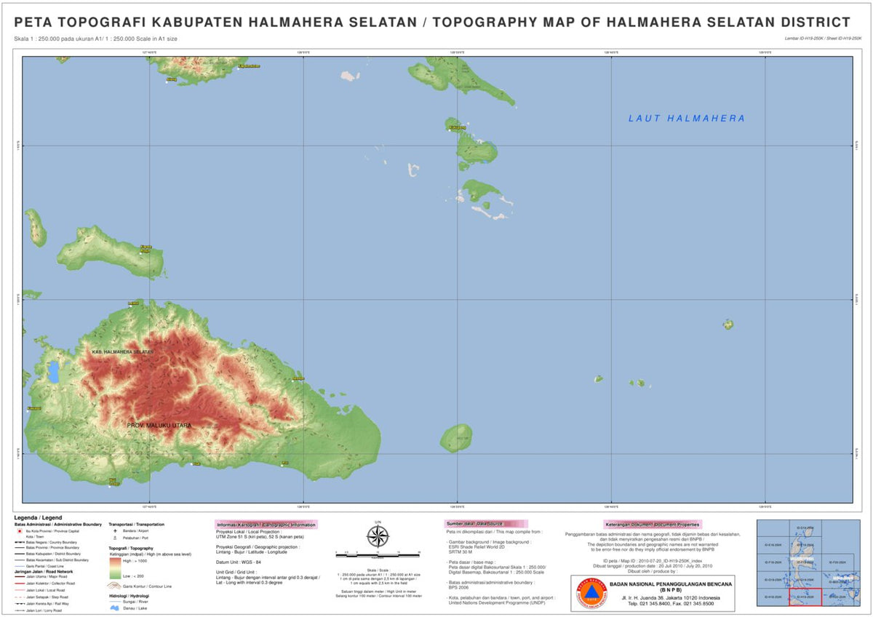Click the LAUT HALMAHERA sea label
click(x=686, y=119)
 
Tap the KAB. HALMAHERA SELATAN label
click(x=123, y=352)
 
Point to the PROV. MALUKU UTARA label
click(x=159, y=425)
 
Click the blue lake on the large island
click(x=53, y=372)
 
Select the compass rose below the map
click(x=378, y=537)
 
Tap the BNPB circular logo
click(x=591, y=592)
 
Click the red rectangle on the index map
click(x=805, y=597)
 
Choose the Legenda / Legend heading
click(x=37, y=517)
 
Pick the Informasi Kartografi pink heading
click(x=266, y=525)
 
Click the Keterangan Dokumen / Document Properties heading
click(x=652, y=524)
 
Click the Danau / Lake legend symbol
click(x=115, y=608)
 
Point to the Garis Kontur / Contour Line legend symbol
click(x=115, y=585)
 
